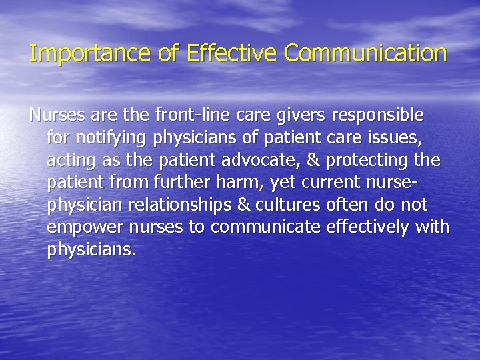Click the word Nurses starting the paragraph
[x=56, y=115]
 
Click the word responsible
[x=375, y=116]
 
